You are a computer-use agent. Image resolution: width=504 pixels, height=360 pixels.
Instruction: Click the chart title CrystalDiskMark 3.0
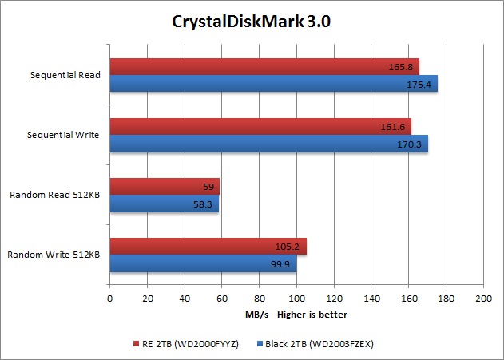coord(252,21)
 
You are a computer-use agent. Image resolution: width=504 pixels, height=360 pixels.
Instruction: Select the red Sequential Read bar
coord(264,66)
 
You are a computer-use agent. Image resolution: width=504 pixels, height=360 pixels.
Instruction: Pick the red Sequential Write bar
coord(260,126)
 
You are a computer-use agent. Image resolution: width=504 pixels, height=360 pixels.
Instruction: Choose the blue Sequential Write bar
coord(268,143)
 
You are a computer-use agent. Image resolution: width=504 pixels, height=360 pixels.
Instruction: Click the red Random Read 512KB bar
coord(164,186)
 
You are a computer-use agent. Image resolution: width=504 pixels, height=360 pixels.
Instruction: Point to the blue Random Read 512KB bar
coord(164,203)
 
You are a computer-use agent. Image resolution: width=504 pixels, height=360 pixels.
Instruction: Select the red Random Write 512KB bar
coord(208,246)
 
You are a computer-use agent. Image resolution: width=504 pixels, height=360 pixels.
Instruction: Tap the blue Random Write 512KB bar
coord(203,263)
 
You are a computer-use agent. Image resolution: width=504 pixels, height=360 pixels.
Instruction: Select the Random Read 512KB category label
coord(54,195)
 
